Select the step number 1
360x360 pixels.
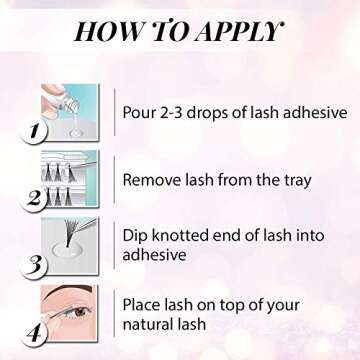point(37,131)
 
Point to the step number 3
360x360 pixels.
point(37,264)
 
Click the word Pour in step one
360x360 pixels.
point(141,111)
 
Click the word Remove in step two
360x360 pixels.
point(155,181)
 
